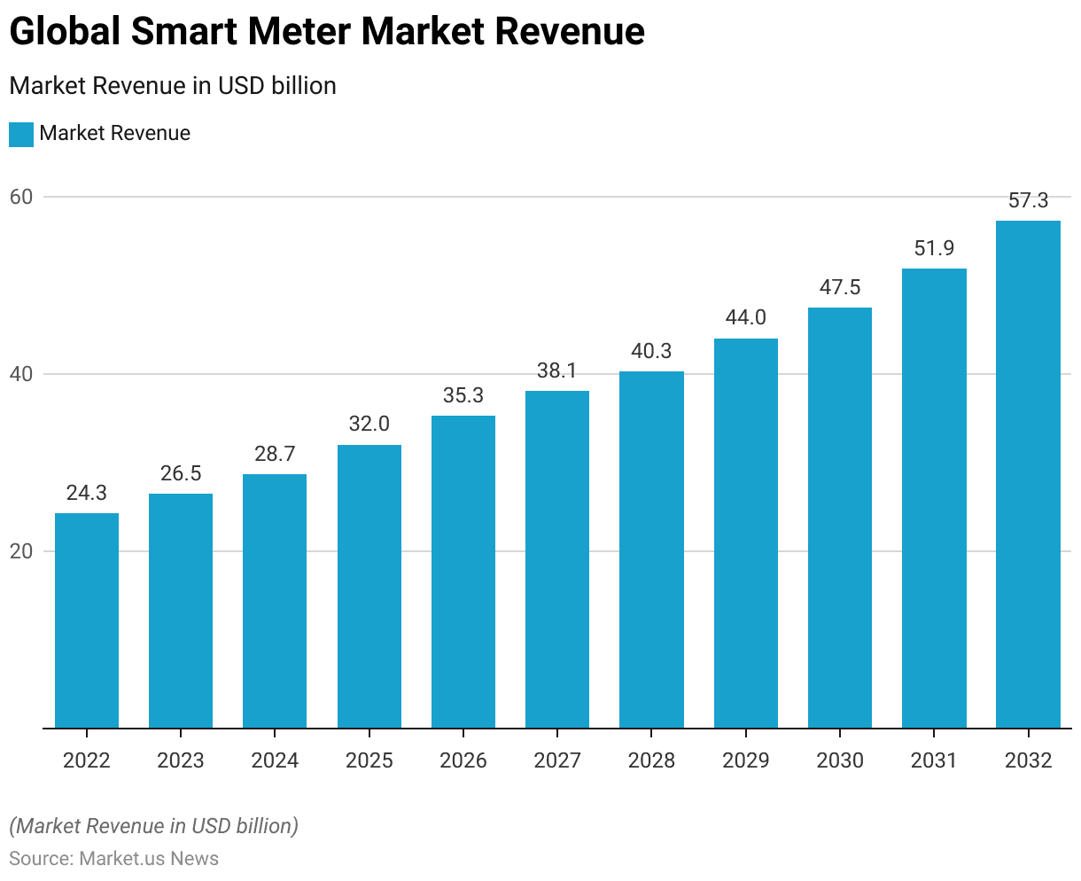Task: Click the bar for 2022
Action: pyautogui.click(x=87, y=620)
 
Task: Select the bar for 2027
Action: pyautogui.click(x=557, y=559)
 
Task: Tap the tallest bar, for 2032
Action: pyautogui.click(x=1028, y=474)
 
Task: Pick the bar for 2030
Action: pyautogui.click(x=840, y=518)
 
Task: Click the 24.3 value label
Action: pyautogui.click(x=87, y=494)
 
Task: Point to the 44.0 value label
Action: pyautogui.click(x=745, y=318)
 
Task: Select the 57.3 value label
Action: pyautogui.click(x=1028, y=201)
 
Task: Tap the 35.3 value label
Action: pyautogui.click(x=463, y=395)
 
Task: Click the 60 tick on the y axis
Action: pyautogui.click(x=21, y=197)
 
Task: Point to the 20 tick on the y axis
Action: pyautogui.click(x=21, y=551)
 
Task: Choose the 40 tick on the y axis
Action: pyautogui.click(x=21, y=374)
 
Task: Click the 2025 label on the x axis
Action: pyautogui.click(x=369, y=760)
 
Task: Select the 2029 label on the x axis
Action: pyautogui.click(x=745, y=760)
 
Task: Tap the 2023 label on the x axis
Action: pyautogui.click(x=181, y=760)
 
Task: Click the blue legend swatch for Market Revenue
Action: pyautogui.click(x=21, y=135)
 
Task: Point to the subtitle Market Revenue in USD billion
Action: pyautogui.click(x=173, y=86)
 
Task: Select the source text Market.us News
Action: pyautogui.click(x=149, y=858)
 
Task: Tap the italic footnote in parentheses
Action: pyautogui.click(x=154, y=826)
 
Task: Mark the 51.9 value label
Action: pyautogui.click(x=934, y=249)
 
